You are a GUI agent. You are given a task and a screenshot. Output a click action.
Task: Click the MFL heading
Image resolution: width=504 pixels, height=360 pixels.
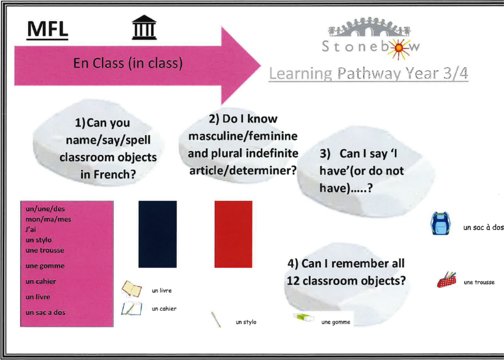(48, 30)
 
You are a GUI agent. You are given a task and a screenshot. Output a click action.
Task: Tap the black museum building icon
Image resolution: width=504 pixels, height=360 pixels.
(144, 28)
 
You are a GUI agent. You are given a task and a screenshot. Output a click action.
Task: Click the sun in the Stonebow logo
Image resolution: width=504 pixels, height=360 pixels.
(399, 48)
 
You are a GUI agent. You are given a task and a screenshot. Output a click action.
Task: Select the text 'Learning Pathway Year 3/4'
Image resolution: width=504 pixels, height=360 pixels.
(368, 74)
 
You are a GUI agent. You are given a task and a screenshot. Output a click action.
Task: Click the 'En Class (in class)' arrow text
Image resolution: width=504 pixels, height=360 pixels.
(128, 62)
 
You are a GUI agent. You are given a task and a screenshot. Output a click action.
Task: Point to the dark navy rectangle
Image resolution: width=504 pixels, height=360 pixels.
(157, 234)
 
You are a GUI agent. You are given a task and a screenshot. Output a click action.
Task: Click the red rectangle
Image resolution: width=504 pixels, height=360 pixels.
(233, 234)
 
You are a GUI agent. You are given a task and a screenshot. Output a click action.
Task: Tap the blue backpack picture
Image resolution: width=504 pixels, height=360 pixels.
(441, 223)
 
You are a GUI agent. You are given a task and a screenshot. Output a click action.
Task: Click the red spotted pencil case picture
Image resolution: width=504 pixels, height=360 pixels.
(446, 280)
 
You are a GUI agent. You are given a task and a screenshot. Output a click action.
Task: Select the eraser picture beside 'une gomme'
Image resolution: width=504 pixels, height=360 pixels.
(304, 317)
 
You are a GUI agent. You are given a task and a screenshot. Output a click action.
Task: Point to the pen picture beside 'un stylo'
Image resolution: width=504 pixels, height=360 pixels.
(216, 320)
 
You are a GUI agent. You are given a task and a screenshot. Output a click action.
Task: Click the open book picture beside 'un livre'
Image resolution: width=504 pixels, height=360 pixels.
(132, 289)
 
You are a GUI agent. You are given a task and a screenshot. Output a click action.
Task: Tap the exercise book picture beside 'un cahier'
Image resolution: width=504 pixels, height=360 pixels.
(132, 309)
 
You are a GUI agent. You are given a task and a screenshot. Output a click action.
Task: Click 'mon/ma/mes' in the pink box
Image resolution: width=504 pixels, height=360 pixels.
(48, 219)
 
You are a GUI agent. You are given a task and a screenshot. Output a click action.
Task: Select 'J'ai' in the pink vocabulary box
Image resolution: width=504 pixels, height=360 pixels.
(31, 229)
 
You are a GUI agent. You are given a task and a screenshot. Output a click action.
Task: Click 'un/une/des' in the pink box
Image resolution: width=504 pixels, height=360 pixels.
(45, 209)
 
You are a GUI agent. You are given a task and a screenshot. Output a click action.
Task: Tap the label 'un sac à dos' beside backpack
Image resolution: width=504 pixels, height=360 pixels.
(483, 227)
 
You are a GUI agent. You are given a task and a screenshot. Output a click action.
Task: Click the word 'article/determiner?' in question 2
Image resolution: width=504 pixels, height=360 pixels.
(243, 170)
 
